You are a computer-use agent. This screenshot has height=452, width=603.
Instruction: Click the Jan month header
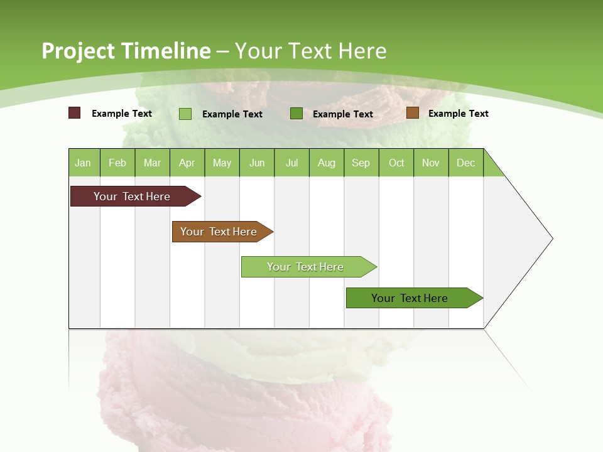(84, 163)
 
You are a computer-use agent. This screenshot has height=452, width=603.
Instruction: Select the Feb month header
(117, 163)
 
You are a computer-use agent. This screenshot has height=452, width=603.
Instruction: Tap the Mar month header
(152, 163)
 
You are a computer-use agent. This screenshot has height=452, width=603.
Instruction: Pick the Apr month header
(187, 163)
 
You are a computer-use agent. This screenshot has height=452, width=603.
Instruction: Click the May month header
(222, 163)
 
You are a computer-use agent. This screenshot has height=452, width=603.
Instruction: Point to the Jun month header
(257, 163)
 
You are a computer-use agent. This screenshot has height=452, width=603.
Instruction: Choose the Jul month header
(291, 163)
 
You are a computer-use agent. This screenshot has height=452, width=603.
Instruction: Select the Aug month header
(327, 163)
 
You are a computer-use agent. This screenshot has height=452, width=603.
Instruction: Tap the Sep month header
(361, 163)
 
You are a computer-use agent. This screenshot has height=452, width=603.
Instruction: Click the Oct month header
(396, 163)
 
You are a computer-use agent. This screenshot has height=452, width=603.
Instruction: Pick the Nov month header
(431, 163)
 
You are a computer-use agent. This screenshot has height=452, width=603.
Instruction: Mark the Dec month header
(466, 163)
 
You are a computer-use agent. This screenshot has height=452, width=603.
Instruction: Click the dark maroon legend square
(75, 113)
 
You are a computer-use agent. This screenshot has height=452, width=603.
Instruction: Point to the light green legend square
(185, 114)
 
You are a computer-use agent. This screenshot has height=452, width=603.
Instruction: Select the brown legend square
(413, 113)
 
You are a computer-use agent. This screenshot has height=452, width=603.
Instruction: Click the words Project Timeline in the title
(126, 51)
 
